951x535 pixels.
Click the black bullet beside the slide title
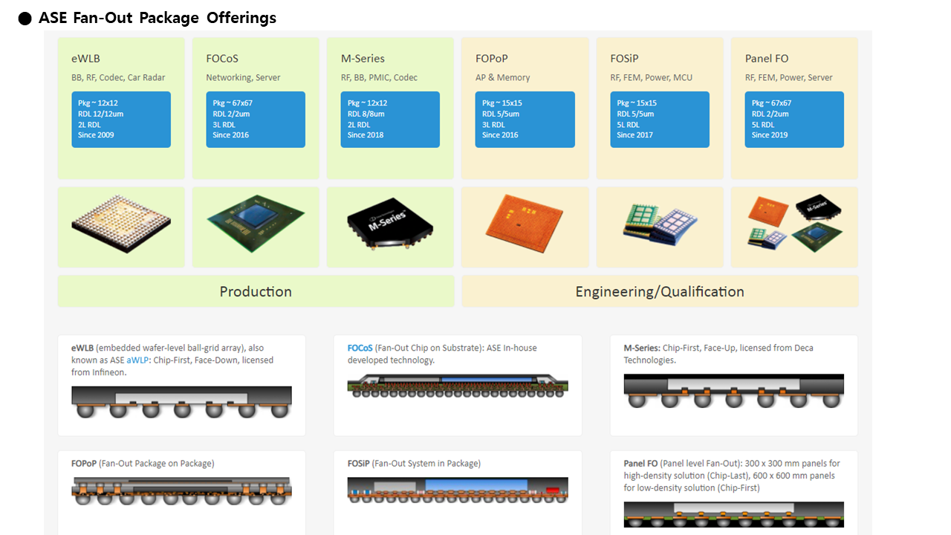click(25, 19)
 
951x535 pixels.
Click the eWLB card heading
click(85, 59)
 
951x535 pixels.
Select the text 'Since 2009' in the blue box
click(96, 135)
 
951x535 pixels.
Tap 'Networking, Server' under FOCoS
click(243, 78)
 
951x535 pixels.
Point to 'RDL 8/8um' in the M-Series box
click(366, 114)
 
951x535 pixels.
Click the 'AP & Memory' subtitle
click(503, 78)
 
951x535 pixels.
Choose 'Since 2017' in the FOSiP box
click(634, 135)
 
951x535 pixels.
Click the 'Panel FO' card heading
click(767, 59)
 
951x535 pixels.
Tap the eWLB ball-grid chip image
click(121, 224)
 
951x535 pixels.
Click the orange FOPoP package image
click(525, 224)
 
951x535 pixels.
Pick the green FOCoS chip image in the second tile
click(256, 224)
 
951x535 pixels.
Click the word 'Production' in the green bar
click(256, 292)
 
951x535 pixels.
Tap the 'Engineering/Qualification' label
click(660, 292)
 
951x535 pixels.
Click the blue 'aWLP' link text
click(137, 360)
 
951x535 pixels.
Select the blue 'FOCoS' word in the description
click(360, 348)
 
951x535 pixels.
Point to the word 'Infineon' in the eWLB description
click(111, 372)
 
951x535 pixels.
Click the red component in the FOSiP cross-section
click(552, 490)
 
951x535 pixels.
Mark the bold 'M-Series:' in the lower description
click(642, 348)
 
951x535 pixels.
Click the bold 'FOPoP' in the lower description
click(84, 464)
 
